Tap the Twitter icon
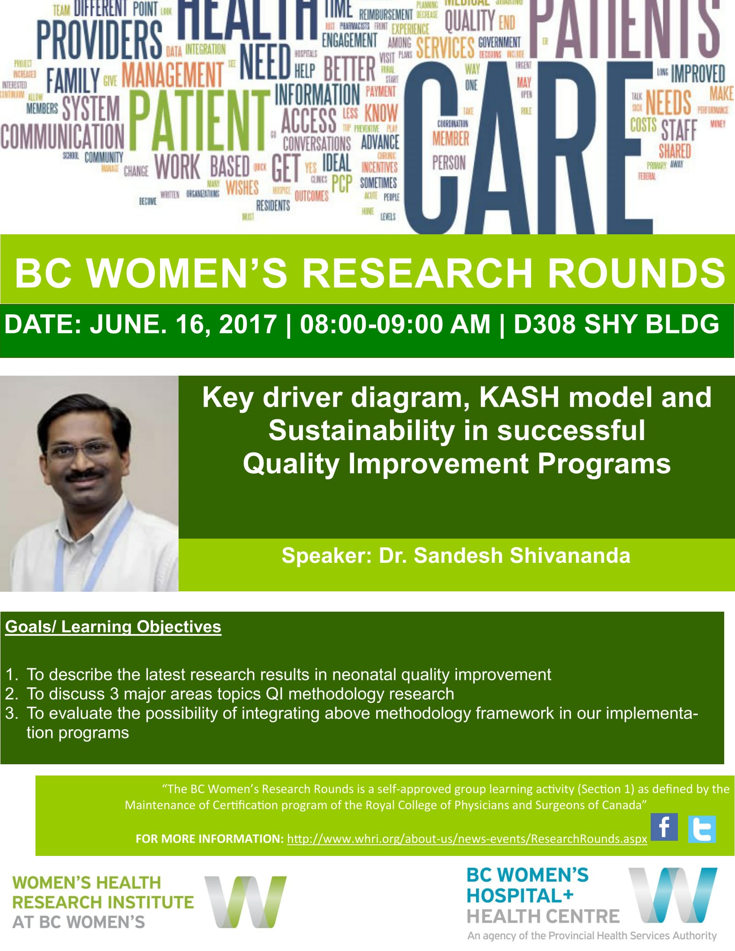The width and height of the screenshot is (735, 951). click(702, 829)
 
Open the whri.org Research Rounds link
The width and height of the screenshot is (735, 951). click(467, 839)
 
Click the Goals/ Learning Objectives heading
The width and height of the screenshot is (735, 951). click(113, 627)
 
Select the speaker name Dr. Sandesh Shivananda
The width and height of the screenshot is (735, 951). click(504, 555)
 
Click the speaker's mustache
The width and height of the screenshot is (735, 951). click(85, 475)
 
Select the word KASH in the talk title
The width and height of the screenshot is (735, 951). click(519, 398)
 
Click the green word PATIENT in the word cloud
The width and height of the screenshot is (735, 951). click(199, 121)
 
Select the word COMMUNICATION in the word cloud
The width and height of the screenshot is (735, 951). click(62, 136)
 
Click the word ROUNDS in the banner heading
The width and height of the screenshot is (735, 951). click(636, 273)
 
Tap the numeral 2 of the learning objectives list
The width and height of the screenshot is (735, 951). click(11, 694)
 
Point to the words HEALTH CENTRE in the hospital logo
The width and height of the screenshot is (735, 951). click(543, 916)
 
